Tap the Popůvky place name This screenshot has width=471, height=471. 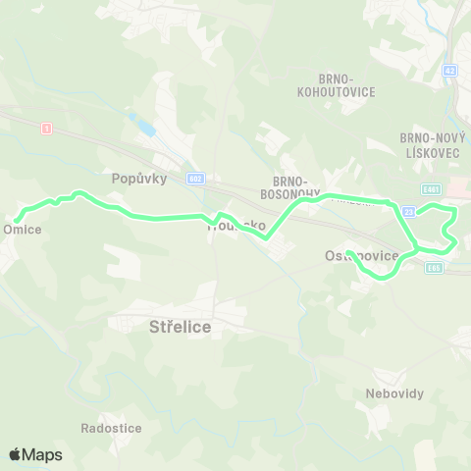[x=139, y=179]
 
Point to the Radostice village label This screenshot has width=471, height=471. [x=112, y=429]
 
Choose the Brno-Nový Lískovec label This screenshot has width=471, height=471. [x=425, y=144]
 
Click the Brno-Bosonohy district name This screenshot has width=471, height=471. [x=291, y=187]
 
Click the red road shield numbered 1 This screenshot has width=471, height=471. [x=45, y=128]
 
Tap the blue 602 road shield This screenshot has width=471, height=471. [x=195, y=179]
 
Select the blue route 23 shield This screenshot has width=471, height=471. [x=409, y=211]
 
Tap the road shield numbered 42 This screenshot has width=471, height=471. [x=449, y=71]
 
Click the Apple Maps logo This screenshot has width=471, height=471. [x=35, y=454]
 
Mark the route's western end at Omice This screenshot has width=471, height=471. [x=17, y=218]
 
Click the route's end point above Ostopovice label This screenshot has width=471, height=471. [x=349, y=253]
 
